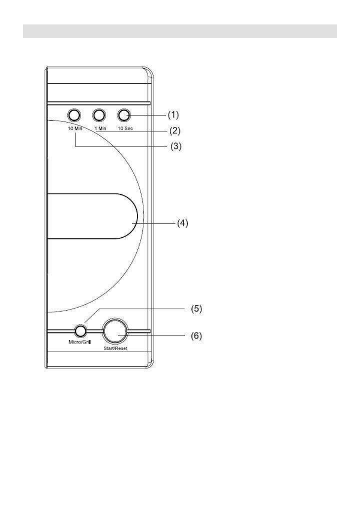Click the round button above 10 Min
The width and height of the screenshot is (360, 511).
tap(74, 115)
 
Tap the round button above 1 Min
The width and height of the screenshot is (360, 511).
tap(100, 115)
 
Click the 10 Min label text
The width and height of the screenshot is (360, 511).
tap(75, 128)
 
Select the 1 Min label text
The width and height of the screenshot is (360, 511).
tap(100, 128)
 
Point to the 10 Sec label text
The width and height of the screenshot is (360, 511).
tap(125, 128)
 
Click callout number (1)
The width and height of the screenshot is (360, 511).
tap(173, 115)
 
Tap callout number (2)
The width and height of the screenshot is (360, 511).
tap(174, 131)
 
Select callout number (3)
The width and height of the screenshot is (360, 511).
tap(175, 146)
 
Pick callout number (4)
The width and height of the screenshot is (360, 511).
tap(182, 224)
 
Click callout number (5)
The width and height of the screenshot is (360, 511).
tap(196, 308)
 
